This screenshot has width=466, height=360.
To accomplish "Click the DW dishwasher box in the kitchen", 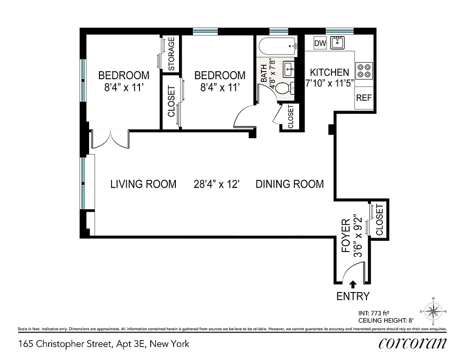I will (x=320, y=43).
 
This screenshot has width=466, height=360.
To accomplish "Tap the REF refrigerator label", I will (x=364, y=98).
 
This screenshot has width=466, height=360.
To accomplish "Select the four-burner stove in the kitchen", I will (x=364, y=71).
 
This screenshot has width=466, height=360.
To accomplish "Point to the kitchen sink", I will (x=337, y=43).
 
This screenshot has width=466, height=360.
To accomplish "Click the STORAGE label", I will (x=171, y=54).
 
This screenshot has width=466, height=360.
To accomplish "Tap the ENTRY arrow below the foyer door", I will (x=353, y=284).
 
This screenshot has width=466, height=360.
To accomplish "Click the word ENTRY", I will (x=353, y=296).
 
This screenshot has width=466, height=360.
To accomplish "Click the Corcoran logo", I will (x=412, y=343).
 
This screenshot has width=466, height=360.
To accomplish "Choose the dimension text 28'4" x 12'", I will (x=216, y=184).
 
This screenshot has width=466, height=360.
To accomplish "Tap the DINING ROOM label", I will (x=290, y=184).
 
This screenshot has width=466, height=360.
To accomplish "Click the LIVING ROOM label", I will (x=143, y=184).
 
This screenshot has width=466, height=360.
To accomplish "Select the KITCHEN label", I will (x=329, y=72).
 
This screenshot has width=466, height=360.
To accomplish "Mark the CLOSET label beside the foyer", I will (x=379, y=220).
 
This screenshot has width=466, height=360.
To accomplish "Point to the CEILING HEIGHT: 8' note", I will (x=385, y=320).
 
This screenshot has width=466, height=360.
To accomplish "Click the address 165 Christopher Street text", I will (x=104, y=344).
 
